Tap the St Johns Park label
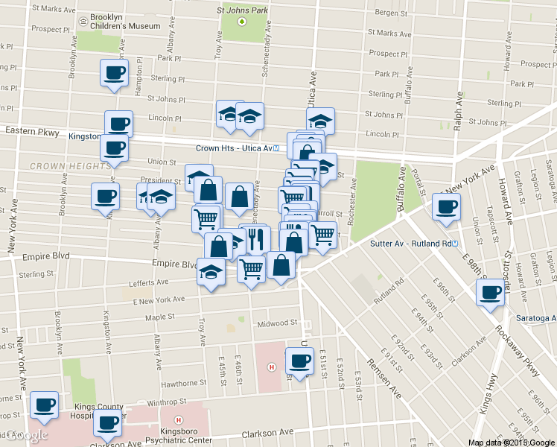[x=241, y=10]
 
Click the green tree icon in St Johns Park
[x=242, y=21]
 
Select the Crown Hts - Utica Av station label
[x=232, y=148]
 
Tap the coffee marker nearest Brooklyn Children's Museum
[x=114, y=73]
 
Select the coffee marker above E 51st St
[x=300, y=361]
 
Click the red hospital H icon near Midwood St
[x=272, y=367]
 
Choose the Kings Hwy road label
[x=488, y=395]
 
